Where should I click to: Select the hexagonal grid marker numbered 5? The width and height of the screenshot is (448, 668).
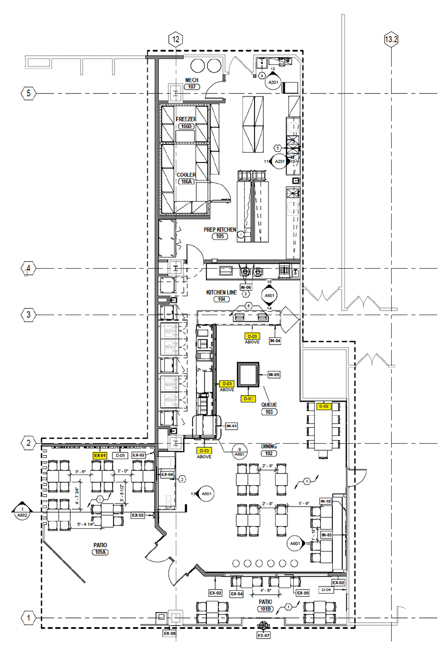coord(28,93)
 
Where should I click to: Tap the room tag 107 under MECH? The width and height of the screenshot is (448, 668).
coord(193,87)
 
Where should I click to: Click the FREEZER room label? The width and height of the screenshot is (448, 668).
coord(186,119)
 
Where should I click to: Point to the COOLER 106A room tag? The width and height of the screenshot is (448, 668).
coord(186,182)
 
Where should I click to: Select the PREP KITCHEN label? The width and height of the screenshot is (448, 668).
coord(219,230)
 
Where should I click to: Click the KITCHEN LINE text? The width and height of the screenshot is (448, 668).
coord(221,292)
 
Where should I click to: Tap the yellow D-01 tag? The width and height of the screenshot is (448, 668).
coord(248,398)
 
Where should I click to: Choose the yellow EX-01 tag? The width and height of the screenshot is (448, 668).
coord(100,455)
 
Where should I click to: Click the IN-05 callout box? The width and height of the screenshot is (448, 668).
coord(274,374)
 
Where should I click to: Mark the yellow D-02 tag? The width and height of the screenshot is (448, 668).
coord(324,406)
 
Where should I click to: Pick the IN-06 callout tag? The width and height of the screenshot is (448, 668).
coord(246,287)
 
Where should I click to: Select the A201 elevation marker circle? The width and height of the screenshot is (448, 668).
coord(273,81)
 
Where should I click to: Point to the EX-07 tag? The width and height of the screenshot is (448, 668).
coord(263,636)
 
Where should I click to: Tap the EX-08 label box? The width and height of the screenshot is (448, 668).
coord(169,633)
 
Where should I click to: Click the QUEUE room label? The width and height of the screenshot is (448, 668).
coord(268,405)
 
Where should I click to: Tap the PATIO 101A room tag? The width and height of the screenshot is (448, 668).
coord(100,552)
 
